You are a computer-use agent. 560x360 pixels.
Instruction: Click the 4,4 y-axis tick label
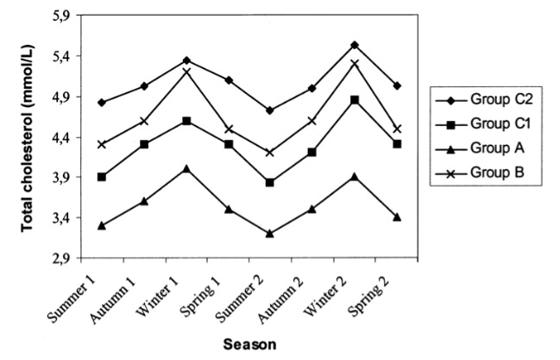pos(59,137)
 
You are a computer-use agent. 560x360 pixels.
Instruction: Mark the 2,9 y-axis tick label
pos(59,257)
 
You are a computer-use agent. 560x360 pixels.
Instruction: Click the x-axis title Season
pos(250,344)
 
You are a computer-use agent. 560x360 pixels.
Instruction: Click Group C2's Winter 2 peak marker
pos(355,45)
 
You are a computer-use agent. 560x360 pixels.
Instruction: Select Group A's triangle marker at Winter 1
pos(186,168)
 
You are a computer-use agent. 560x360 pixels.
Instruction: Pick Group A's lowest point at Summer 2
pos(270,233)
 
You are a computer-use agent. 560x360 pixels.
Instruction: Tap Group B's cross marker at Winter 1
pos(186,71)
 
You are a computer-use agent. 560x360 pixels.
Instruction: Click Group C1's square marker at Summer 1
pos(102,177)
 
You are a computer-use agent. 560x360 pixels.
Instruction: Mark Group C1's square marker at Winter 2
pos(355,100)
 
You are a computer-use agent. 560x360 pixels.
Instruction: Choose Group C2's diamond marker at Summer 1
pos(102,103)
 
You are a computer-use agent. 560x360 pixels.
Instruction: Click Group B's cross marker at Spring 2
pos(397,129)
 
